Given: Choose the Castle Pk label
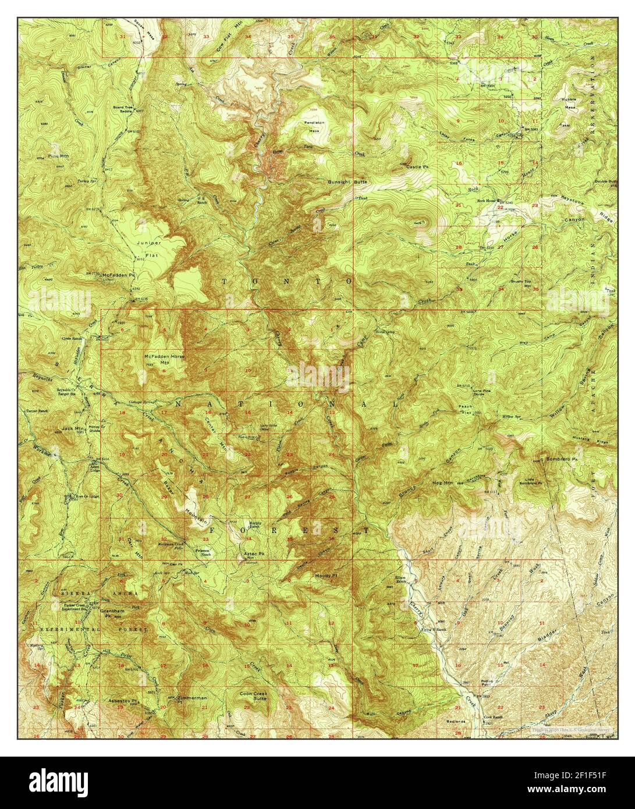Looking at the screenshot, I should pyautogui.click(x=417, y=167).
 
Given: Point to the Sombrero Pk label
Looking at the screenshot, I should pyautogui.click(x=561, y=459).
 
